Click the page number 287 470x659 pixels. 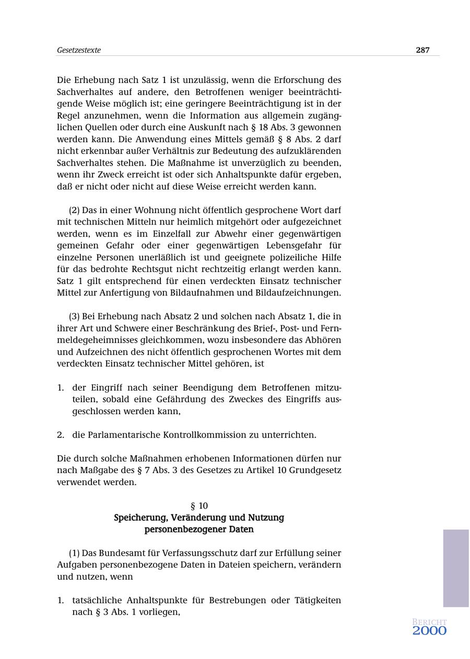(422, 50)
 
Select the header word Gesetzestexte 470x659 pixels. (79, 50)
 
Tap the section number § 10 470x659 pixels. (199, 505)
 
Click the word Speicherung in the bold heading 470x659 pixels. (140, 517)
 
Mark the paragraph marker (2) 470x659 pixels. (75, 210)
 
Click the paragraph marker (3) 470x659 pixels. (75, 316)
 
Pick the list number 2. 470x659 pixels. (61, 434)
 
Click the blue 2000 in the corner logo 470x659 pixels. (429, 631)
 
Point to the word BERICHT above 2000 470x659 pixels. (429, 622)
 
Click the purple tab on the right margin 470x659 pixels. (456, 568)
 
